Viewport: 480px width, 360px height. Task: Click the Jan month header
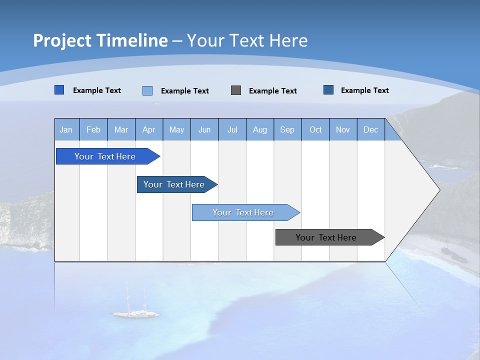(66, 130)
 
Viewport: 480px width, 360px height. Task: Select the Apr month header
(149, 130)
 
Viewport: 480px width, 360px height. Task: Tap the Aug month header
(260, 130)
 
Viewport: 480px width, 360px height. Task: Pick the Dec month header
(371, 130)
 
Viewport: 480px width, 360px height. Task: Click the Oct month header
(315, 130)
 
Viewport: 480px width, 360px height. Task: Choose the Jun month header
(204, 130)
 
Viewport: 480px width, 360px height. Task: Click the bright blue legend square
(59, 90)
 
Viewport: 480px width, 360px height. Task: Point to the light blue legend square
(147, 90)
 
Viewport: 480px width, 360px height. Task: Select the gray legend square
(236, 90)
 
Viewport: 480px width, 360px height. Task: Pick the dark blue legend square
(328, 90)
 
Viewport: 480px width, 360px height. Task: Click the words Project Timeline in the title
(100, 40)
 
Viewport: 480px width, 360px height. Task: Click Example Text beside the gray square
(273, 91)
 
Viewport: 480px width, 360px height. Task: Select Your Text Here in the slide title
(247, 40)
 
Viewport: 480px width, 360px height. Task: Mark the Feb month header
(93, 130)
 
